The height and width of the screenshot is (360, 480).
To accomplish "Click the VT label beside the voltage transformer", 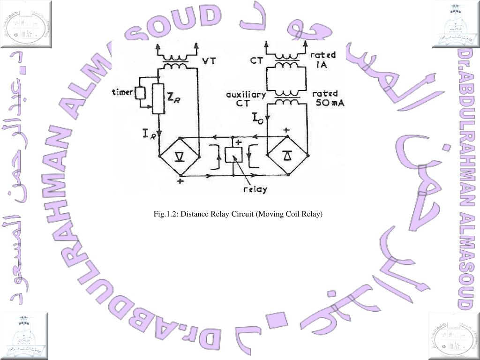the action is [209, 61].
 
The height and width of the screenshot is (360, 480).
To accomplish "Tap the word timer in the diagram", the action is [123, 92].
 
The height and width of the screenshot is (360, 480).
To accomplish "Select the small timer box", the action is [140, 92].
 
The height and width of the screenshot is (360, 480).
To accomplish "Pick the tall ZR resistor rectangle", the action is [158, 98].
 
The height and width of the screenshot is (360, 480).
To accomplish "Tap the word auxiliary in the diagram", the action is [246, 94].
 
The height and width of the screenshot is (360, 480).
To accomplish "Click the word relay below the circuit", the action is [255, 190].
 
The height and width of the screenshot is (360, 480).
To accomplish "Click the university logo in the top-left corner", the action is [24, 24].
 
